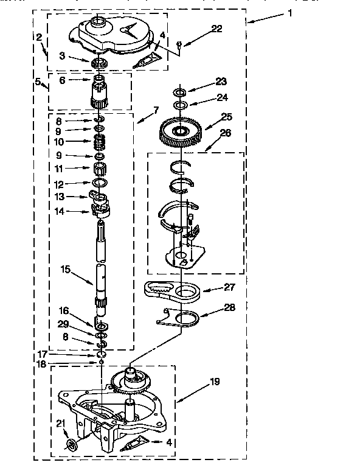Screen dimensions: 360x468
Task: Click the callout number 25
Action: point(226,117)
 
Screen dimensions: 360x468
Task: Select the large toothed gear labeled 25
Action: point(181,133)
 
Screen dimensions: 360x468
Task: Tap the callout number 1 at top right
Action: point(289,13)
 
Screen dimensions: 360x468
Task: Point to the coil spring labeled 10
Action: point(100,141)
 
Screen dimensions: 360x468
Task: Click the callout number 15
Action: point(65,269)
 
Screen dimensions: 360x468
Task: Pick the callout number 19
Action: point(215,382)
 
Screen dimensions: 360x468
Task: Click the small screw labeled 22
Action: point(179,44)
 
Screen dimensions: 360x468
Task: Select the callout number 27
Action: point(229,287)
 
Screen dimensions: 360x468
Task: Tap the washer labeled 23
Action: point(180,91)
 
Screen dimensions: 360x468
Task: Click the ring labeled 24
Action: point(181,105)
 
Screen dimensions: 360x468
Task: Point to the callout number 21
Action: point(61,423)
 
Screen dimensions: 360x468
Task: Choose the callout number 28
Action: point(229,307)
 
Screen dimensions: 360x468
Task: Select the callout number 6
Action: point(62,80)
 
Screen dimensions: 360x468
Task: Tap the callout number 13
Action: point(60,197)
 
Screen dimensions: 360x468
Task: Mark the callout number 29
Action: point(63,324)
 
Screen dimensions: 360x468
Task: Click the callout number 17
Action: point(43,354)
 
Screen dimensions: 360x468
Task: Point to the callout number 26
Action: point(225,133)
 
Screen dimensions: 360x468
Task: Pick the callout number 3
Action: point(62,56)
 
